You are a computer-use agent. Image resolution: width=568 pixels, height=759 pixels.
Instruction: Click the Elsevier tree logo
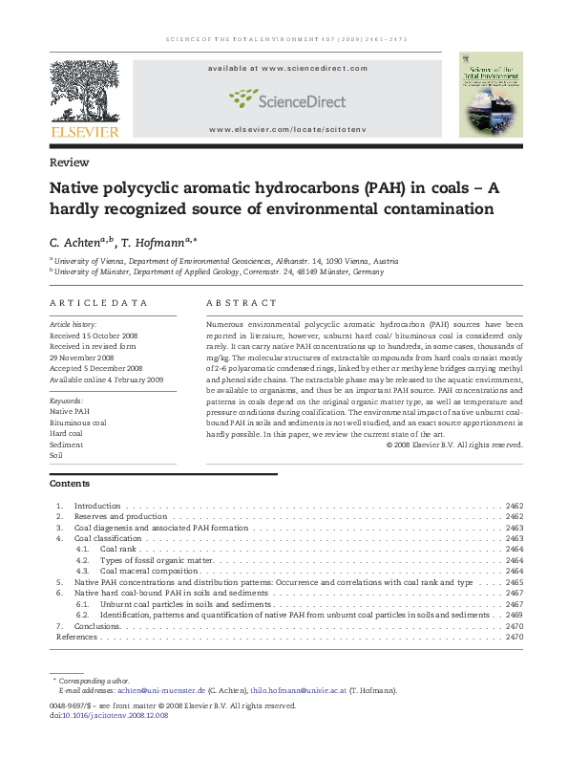point(84,92)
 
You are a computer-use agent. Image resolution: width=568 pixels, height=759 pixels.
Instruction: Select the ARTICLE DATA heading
point(99,303)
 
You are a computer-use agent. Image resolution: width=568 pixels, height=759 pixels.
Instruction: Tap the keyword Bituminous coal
point(78,422)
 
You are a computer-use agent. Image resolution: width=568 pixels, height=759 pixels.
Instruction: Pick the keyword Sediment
point(66,444)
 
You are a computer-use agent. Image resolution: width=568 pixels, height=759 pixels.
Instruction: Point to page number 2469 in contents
point(515,615)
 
